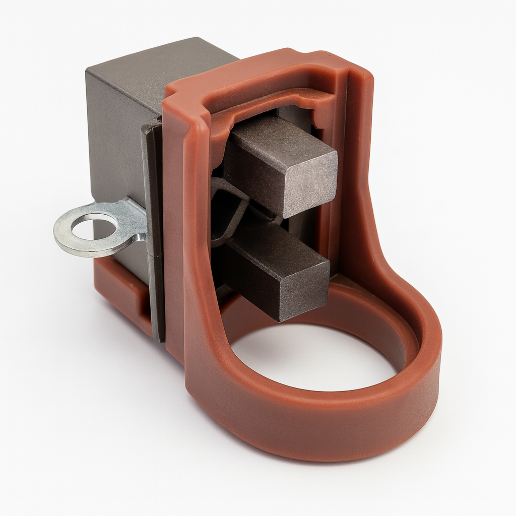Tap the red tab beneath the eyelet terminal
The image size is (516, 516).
tap(121, 287)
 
